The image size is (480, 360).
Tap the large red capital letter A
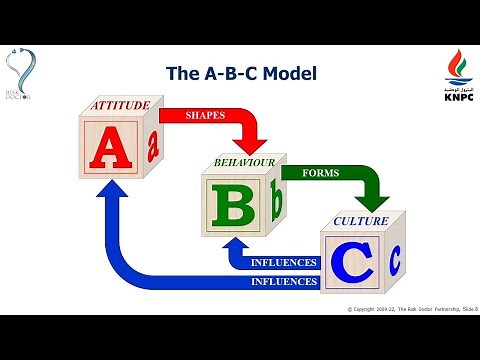(x=106, y=147)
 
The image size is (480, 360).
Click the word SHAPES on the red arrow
(x=205, y=116)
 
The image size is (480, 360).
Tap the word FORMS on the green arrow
(x=319, y=172)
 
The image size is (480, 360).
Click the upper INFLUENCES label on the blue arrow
(x=284, y=264)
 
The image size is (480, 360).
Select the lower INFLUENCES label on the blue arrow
(x=284, y=283)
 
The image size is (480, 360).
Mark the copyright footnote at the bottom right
(x=413, y=310)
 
